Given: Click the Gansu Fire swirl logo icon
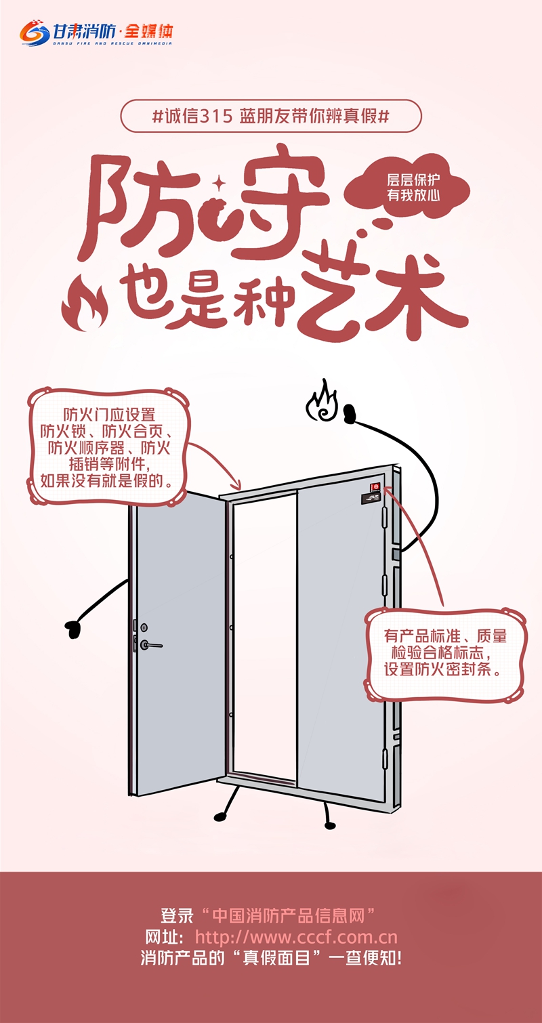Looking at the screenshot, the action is tap(35, 33).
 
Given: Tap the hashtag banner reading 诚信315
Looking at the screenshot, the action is tap(271, 116).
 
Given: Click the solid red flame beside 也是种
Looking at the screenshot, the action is tap(85, 302).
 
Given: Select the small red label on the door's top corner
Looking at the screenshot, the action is tap(375, 486).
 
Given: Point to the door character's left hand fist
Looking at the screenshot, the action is tap(72, 629).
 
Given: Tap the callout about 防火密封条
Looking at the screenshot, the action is tap(445, 653).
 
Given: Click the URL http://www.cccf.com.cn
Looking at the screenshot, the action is tap(296, 937).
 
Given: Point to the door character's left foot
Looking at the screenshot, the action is tap(221, 814).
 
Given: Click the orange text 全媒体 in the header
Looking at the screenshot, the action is tap(149, 32).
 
